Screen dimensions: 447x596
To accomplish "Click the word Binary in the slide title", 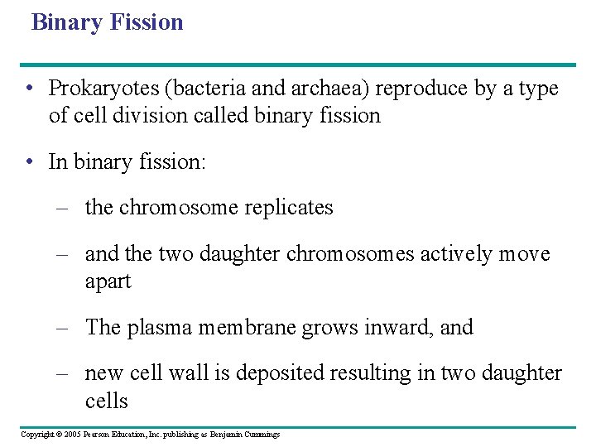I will [x=66, y=22].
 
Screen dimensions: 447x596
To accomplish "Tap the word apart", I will [x=108, y=282].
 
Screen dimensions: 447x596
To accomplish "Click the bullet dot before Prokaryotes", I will [x=29, y=89].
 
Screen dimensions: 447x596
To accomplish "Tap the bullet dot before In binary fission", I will [x=29, y=162].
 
